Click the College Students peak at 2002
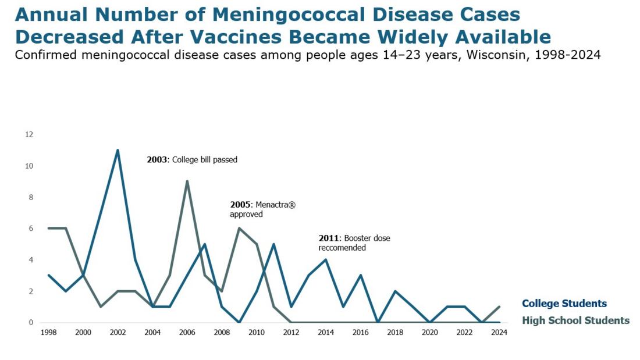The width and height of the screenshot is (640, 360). click(118, 150)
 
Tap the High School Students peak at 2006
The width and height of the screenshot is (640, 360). click(187, 181)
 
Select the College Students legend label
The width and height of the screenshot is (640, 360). click(564, 304)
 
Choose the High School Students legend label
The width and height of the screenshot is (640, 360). click(575, 320)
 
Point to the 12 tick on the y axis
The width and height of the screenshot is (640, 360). click(29, 134)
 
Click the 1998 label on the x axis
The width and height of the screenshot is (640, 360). click(48, 333)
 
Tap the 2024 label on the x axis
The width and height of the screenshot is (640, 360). click(499, 333)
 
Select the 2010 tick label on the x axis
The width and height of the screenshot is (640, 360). click(257, 333)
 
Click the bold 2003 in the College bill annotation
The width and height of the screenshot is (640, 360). click(157, 159)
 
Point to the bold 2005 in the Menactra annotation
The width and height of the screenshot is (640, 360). click(240, 205)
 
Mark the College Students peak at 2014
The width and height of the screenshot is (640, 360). click(326, 259)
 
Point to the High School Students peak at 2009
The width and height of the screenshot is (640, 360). click(239, 229)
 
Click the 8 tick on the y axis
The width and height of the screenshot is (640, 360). click(31, 197)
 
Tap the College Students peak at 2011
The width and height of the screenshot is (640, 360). click(274, 244)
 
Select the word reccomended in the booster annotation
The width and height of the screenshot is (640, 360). click(342, 247)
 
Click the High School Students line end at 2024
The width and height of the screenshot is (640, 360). click(499, 307)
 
